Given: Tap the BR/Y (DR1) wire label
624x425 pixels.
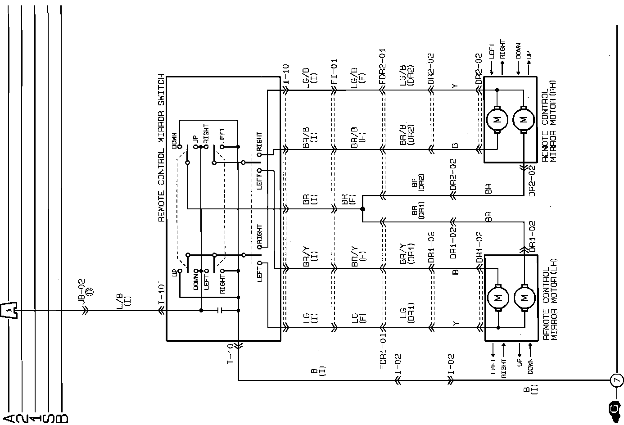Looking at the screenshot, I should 405,255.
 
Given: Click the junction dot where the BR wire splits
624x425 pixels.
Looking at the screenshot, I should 362,209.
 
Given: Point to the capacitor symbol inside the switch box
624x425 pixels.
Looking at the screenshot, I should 219,310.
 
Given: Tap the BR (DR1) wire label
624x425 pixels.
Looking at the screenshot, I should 417,212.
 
